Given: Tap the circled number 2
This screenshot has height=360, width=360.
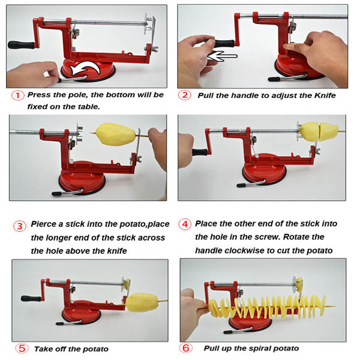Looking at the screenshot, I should coord(186,95).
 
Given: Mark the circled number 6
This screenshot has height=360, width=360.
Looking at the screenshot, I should coord(186,348).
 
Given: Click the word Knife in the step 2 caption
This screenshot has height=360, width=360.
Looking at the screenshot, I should coord(323,95).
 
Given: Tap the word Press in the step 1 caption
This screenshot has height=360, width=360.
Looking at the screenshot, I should coord(41,95).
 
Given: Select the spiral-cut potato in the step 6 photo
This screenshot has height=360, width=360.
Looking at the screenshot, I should coord(264,303).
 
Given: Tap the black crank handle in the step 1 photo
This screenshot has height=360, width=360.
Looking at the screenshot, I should coord(18,44).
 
